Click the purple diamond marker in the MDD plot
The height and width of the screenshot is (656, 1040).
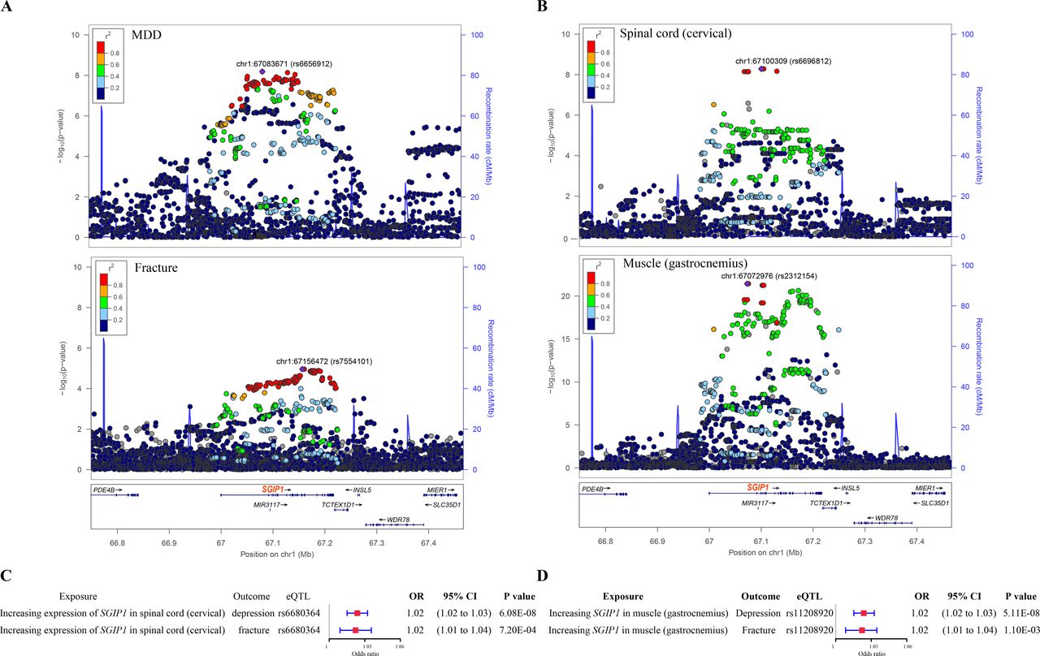[x=262, y=71]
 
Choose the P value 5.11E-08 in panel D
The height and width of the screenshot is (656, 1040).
[x=1020, y=614]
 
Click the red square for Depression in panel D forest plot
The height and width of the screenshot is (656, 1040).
[x=863, y=614]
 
